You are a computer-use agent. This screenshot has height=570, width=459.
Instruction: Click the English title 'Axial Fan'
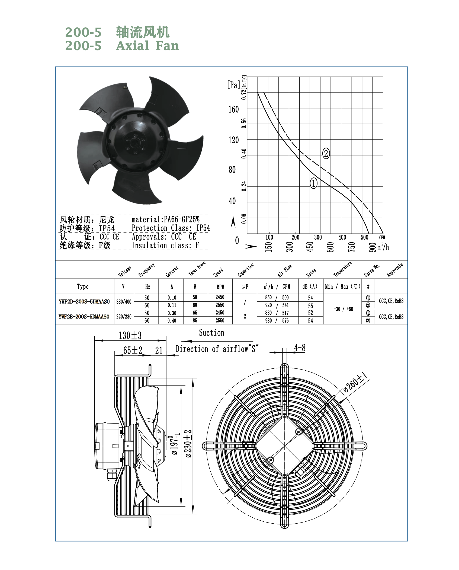click(147, 46)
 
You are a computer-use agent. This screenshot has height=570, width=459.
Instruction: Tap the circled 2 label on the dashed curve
click(326, 153)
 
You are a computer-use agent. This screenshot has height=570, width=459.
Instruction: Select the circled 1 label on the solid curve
click(313, 183)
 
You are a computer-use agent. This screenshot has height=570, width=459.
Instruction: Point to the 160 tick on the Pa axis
click(233, 109)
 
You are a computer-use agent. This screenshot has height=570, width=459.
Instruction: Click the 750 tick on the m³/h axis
click(351, 247)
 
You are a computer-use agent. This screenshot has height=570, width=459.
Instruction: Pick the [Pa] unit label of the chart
click(234, 85)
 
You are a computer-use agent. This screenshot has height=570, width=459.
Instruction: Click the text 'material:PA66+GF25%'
click(165, 219)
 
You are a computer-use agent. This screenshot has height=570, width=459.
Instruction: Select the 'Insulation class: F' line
click(165, 245)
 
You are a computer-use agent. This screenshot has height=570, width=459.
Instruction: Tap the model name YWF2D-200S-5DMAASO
click(84, 301)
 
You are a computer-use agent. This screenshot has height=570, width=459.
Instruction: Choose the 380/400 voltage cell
click(124, 301)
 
